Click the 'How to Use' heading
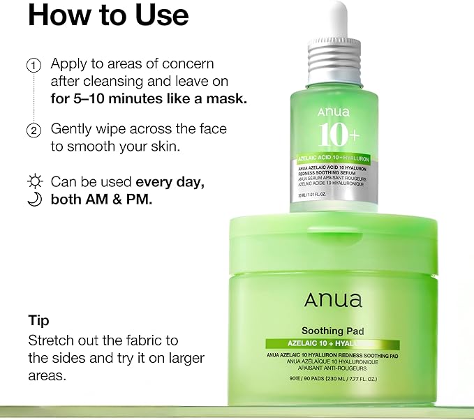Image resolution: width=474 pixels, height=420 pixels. click(x=108, y=15)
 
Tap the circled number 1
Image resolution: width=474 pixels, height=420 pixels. click(x=33, y=66)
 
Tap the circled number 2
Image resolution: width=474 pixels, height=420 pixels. click(x=33, y=130)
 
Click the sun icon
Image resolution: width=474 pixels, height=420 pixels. click(x=34, y=182)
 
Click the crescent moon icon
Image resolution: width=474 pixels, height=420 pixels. click(x=34, y=199)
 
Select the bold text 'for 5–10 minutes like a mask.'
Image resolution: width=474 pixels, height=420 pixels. click(x=149, y=98)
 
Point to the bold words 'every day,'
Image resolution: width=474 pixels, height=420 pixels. click(x=170, y=182)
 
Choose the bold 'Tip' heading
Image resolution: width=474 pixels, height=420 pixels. click(x=38, y=320)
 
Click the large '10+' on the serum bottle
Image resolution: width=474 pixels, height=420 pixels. click(x=339, y=134)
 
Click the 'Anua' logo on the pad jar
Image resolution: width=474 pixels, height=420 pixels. click(x=333, y=301)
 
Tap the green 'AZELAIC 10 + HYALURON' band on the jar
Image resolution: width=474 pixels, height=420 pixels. click(x=332, y=344)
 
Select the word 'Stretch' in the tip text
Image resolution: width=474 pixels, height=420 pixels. click(x=52, y=340)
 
